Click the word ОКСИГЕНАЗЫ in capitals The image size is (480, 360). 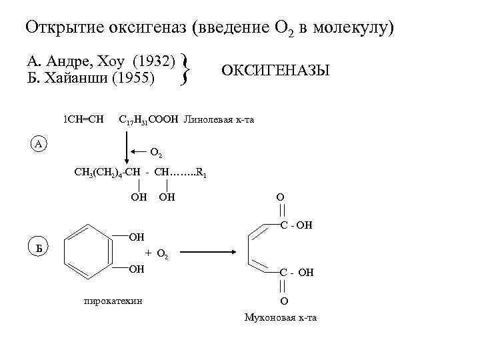[x=275, y=71]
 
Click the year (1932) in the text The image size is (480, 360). [x=153, y=63]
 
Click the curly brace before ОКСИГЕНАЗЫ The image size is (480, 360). [x=186, y=71]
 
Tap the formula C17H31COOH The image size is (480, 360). [x=148, y=120]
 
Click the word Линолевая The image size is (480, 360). [x=205, y=120]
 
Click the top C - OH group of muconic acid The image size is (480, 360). [x=296, y=226]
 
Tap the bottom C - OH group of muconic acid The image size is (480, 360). [x=296, y=273]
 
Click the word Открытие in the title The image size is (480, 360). [x=57, y=28]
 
